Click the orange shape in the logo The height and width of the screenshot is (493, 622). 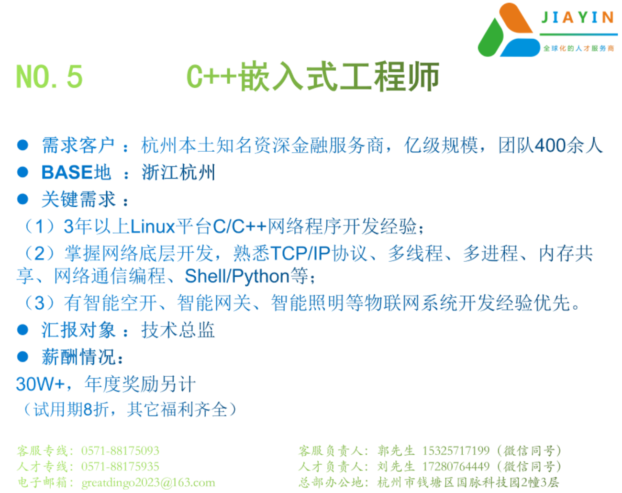[516, 18]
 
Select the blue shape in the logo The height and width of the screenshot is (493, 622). [520, 47]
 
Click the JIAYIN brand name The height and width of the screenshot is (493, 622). [578, 17]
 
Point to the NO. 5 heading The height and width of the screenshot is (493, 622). [49, 76]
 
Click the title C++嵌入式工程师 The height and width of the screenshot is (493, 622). [313, 76]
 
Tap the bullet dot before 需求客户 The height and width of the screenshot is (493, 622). [22, 145]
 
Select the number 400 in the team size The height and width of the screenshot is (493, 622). [550, 145]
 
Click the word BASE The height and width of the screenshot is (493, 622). [67, 172]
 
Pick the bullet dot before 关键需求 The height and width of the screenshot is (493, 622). [22, 199]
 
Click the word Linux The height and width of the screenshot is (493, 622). [153, 226]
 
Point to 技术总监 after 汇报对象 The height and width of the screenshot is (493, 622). [178, 330]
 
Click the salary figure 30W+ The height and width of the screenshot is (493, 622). [41, 384]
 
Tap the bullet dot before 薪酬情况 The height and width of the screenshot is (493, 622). [22, 357]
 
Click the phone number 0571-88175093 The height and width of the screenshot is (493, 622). [120, 451]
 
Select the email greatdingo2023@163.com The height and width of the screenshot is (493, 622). [148, 482]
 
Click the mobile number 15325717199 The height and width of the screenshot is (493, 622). [456, 450]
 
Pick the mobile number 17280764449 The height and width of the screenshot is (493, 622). [456, 466]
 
